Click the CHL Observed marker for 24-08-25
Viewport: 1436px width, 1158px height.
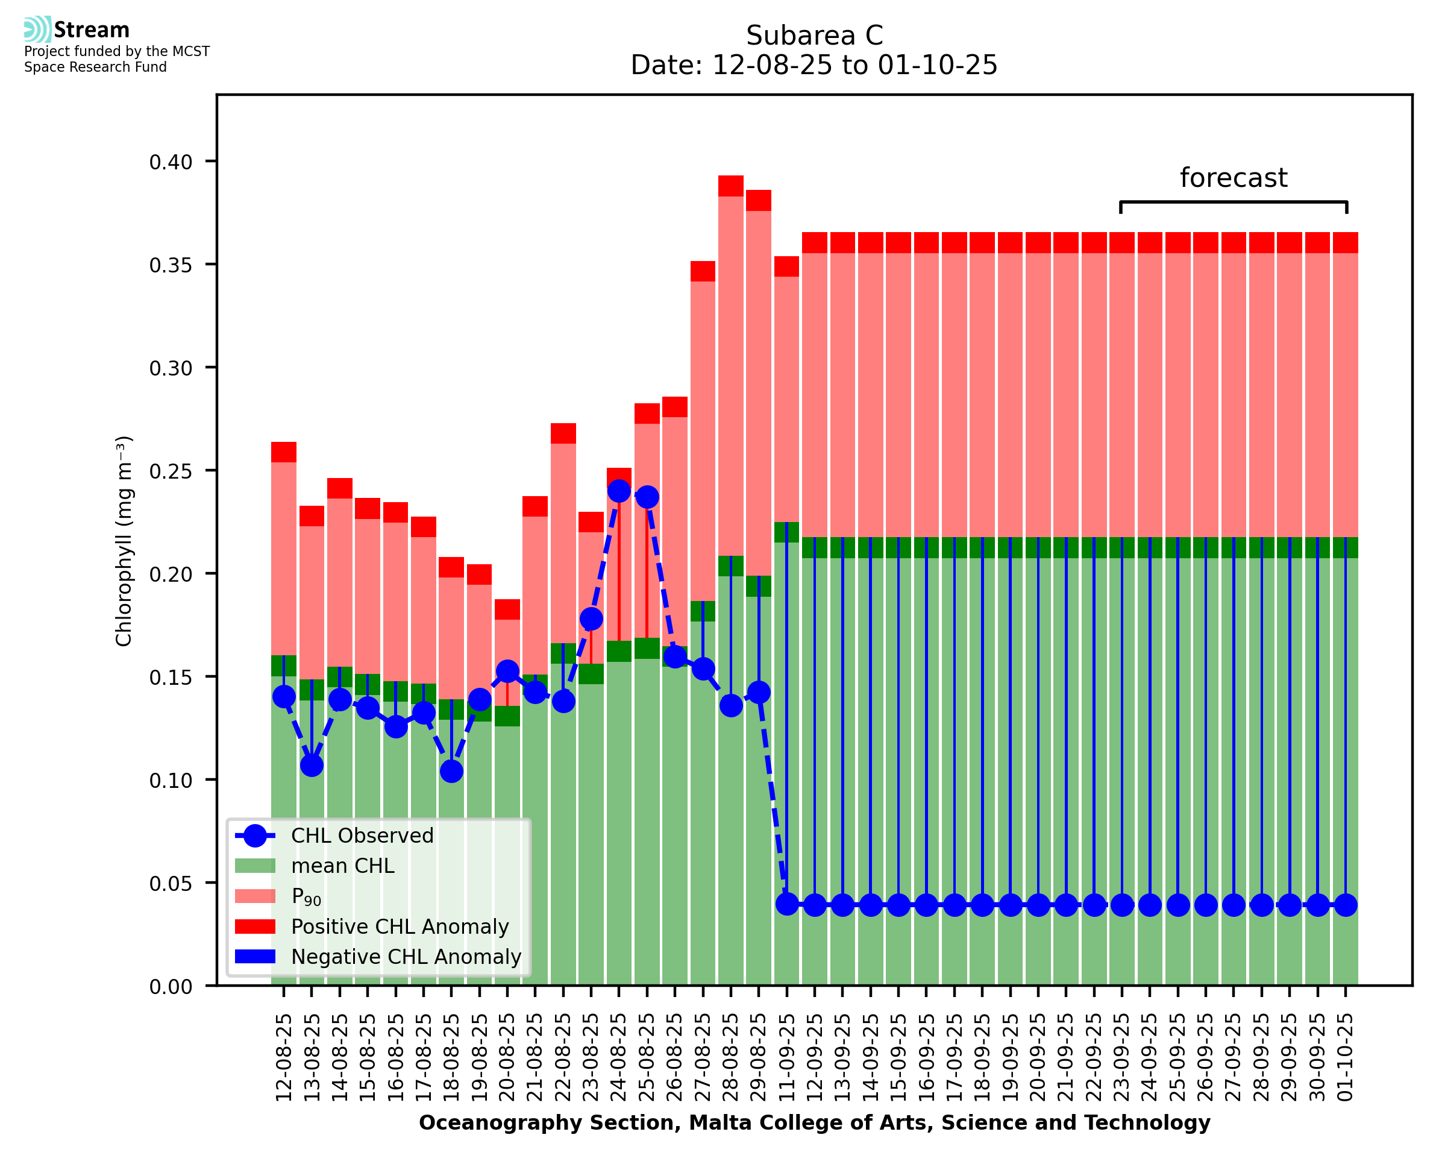tap(619, 490)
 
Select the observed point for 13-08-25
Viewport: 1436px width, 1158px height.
tap(312, 765)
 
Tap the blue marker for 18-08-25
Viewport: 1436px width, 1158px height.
tap(451, 771)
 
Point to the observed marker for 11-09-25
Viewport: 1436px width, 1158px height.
tap(786, 905)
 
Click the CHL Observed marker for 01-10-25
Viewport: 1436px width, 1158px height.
tap(1346, 905)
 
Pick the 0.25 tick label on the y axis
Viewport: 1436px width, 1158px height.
tap(171, 471)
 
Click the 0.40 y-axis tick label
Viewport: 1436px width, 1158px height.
tap(171, 162)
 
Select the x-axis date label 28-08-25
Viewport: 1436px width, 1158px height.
tap(732, 1057)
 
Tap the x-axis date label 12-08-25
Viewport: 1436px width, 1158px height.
tap(284, 1057)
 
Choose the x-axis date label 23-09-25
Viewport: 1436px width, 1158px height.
tap(1122, 1057)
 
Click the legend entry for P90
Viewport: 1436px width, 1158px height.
tap(306, 896)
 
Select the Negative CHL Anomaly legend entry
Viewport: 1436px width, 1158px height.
tap(406, 957)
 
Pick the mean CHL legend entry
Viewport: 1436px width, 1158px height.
tap(343, 866)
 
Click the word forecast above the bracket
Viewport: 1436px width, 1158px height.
tap(1233, 178)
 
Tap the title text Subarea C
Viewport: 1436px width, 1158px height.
tap(814, 36)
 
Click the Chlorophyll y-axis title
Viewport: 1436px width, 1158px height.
tap(124, 541)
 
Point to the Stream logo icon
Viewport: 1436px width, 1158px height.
tap(37, 30)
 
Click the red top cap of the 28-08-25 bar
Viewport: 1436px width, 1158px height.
tap(731, 186)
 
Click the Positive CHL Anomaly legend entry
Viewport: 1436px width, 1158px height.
tap(400, 927)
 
